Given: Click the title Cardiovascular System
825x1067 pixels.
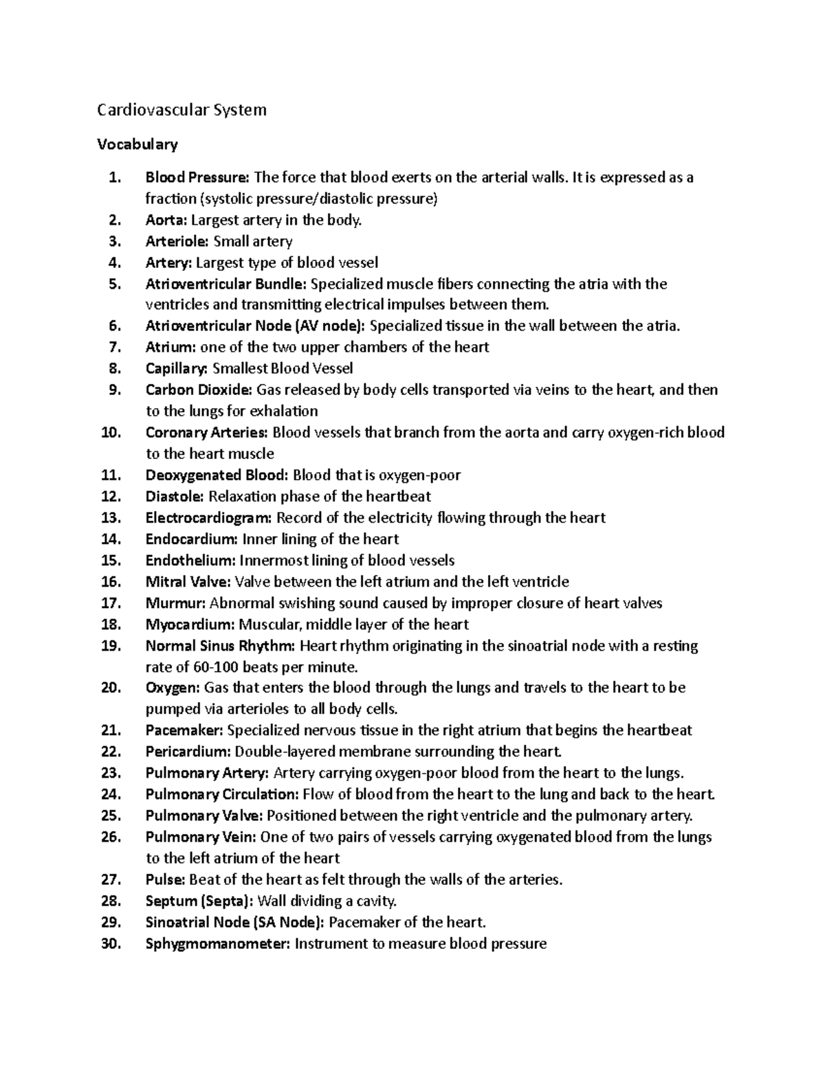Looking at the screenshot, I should coord(181,110).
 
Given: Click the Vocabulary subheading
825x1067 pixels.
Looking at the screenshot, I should coord(137,144).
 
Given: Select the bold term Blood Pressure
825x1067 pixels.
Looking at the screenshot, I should coord(198,178).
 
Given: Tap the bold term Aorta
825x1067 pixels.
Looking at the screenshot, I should coord(166,221).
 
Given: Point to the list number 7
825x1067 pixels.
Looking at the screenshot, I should coord(114,348).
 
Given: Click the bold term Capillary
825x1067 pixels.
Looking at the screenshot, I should coord(177,369).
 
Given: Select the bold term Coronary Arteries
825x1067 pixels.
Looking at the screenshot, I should coord(207,433).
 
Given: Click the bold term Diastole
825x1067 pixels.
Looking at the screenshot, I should coord(175,497).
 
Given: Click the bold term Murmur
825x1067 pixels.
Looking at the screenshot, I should coord(175,603).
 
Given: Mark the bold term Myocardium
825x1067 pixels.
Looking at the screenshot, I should coord(190,625).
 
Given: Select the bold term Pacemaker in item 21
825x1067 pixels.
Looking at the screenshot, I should coord(184,730).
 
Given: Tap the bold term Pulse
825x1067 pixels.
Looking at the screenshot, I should coord(166,879).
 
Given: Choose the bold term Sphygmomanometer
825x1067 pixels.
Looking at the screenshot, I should coord(218,944).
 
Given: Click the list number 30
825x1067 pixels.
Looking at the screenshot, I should coord(111,944).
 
